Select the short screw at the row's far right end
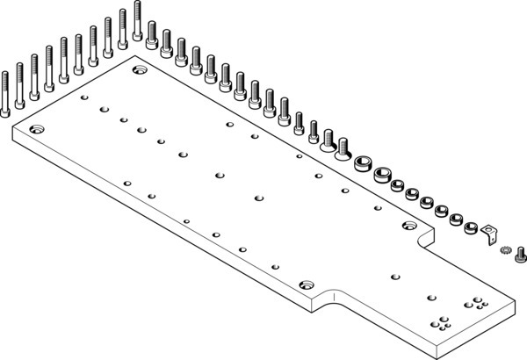pyautogui.click(x=521, y=256)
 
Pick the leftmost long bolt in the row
pyautogui.click(x=5, y=92)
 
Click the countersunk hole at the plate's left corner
pyautogui.click(x=37, y=129)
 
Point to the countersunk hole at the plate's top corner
pyautogui.click(x=138, y=68)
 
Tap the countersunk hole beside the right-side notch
pyautogui.click(x=408, y=227)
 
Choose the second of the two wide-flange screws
pyautogui.click(x=343, y=147)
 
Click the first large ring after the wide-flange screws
pyautogui.click(x=364, y=164)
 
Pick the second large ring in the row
pyautogui.click(x=382, y=175)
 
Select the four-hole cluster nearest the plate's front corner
pyautogui.click(x=443, y=324)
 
